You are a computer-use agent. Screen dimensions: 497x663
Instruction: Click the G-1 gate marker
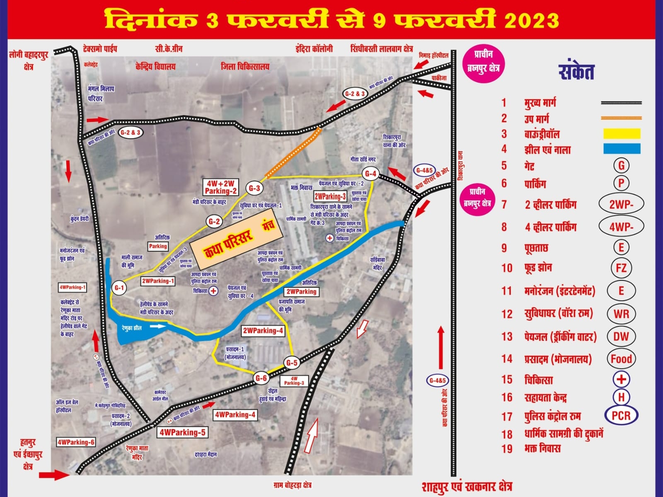[119, 287]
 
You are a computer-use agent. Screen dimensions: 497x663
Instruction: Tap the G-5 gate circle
[292, 363]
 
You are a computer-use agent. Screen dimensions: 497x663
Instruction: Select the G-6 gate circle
[261, 378]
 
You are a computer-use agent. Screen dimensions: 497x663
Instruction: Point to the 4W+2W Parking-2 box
[220, 187]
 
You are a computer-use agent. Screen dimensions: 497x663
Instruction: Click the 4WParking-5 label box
[182, 432]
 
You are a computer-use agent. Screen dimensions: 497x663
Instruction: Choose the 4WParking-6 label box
[76, 442]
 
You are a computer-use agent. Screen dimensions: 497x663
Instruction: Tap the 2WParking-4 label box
[263, 331]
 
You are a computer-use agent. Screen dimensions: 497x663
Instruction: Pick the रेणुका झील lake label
[132, 328]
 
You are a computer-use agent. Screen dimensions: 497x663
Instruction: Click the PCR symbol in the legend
[621, 415]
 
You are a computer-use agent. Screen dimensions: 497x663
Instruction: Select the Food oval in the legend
[621, 359]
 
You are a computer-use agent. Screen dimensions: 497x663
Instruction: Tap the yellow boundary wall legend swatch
[622, 133]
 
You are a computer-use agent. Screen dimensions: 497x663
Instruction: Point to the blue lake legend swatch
[622, 149]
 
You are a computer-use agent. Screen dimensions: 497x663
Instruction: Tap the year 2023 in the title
[531, 20]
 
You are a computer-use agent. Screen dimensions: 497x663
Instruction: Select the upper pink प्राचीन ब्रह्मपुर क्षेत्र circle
[483, 62]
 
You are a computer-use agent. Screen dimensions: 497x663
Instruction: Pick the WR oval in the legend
[621, 314]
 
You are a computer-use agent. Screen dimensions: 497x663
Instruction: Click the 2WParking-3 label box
[330, 196]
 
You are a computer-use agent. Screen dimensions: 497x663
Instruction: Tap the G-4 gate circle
[370, 174]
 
